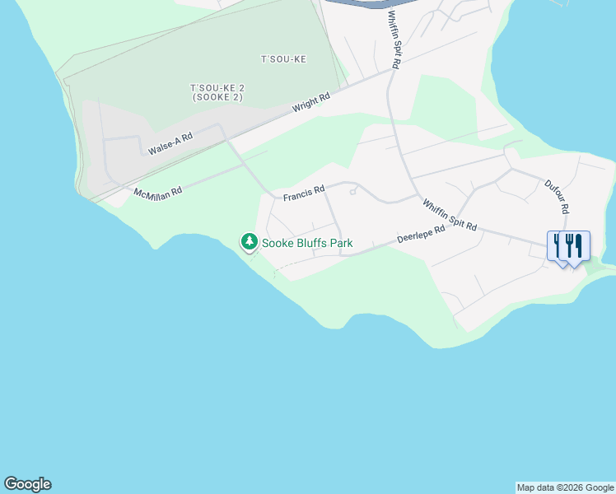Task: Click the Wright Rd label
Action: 311,103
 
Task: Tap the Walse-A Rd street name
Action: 170,144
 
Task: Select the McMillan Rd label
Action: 157,192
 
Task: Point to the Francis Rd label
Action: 304,196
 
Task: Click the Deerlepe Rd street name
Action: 421,234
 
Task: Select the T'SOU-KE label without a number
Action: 283,59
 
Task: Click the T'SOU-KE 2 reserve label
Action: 217,87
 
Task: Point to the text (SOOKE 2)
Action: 217,98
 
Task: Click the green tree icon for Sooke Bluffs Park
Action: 249,242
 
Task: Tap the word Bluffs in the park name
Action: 316,243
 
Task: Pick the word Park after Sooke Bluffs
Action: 342,243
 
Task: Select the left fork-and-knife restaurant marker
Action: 560,245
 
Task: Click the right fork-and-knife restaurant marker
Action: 576,245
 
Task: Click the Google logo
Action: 27,484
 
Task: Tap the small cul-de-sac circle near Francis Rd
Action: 352,192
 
